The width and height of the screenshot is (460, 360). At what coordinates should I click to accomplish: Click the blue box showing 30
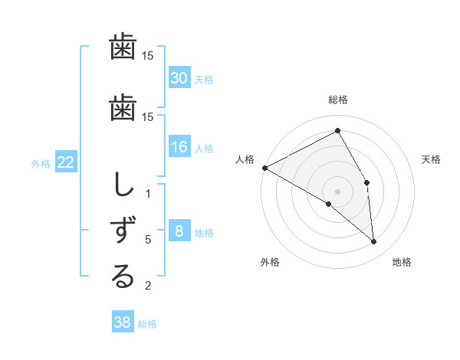pos(179,77)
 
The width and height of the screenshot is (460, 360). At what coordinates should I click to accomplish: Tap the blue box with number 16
pos(179,147)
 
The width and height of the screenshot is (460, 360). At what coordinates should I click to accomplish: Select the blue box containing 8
pos(179,231)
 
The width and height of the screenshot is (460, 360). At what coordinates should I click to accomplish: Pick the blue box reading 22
pos(66,162)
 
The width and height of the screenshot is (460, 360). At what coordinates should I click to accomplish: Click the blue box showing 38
pos(123,322)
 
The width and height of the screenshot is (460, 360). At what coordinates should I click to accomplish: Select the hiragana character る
pos(123,277)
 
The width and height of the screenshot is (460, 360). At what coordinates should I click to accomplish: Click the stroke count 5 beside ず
pos(148,240)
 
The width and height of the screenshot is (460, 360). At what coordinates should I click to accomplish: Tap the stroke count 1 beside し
pos(148,193)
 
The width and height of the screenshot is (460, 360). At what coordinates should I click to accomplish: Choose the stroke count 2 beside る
pos(148,286)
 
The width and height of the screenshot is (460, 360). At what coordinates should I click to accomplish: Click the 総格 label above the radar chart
pos(338,100)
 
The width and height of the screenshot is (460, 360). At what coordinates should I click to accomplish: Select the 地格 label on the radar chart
pos(402,262)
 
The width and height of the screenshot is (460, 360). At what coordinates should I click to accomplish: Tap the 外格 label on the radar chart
pos(270,262)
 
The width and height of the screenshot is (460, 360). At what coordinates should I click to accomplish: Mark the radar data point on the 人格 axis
pos(264,168)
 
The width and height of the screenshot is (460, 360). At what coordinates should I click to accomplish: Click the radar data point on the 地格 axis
pos(374,241)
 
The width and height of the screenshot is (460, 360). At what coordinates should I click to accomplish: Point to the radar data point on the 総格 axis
pos(338,131)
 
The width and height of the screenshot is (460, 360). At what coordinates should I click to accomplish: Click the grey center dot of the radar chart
pos(338,191)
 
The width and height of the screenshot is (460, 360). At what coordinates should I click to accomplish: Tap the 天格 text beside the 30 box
pos(204,79)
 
